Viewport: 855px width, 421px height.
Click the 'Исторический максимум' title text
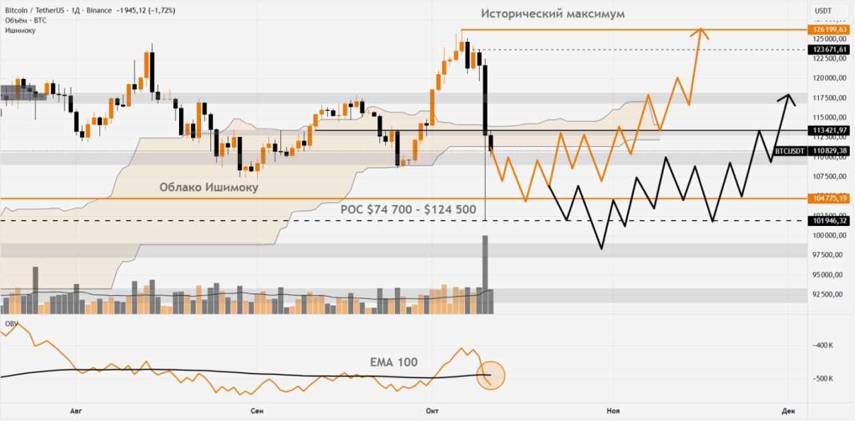click(x=552, y=13)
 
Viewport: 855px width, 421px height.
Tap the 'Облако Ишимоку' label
click(x=208, y=187)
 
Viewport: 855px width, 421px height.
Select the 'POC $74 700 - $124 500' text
click(x=408, y=209)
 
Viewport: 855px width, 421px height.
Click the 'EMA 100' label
click(x=393, y=362)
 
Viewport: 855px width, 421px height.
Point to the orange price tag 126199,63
click(x=829, y=29)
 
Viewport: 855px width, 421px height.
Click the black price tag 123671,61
click(x=829, y=49)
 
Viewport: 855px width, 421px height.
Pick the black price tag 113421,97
click(x=829, y=130)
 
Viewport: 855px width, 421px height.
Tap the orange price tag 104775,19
click(x=829, y=198)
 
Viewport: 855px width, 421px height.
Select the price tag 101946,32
click(x=829, y=221)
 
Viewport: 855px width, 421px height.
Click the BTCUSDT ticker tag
click(x=790, y=151)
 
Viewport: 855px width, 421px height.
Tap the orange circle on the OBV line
click(x=491, y=375)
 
